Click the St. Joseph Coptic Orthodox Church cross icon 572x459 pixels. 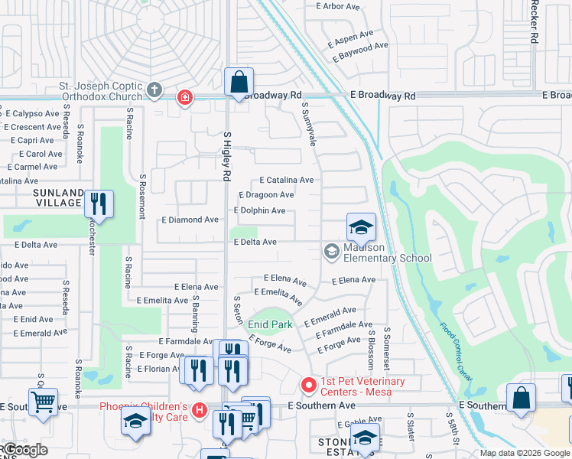(x=154, y=90)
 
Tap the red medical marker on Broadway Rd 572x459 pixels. (x=184, y=97)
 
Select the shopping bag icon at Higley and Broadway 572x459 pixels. (x=239, y=83)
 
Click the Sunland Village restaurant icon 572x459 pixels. (x=99, y=203)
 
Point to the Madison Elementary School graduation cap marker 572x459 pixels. (x=361, y=226)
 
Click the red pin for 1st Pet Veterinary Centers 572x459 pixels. (x=308, y=384)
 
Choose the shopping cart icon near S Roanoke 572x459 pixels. (x=43, y=400)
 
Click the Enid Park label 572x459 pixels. (x=270, y=324)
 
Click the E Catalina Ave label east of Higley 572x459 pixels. (x=287, y=181)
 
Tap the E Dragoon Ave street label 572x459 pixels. (x=266, y=196)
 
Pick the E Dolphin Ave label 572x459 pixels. (x=259, y=210)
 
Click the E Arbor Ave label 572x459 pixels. (x=337, y=6)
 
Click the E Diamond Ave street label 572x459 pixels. (x=190, y=220)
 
